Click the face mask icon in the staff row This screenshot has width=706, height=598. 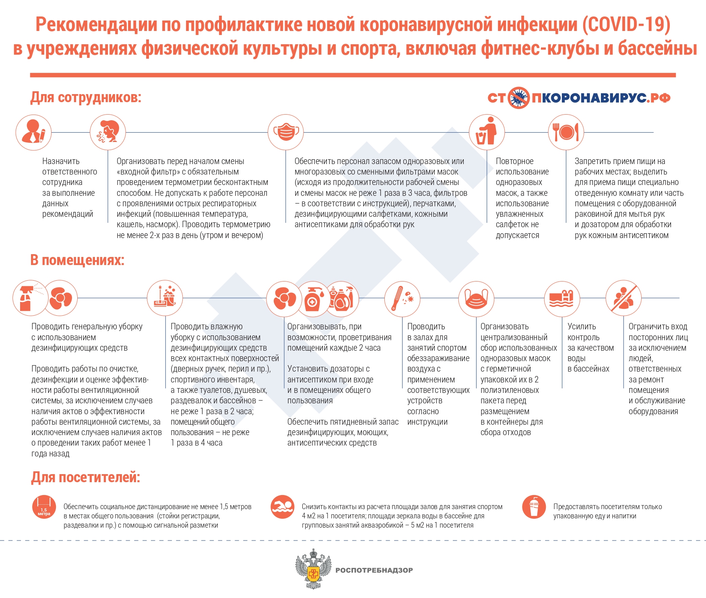click(x=286, y=132)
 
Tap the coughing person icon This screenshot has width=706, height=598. click(x=107, y=132)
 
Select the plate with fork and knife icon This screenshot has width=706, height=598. click(x=566, y=132)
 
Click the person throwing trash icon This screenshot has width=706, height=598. click(x=487, y=132)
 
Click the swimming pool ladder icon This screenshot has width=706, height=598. click(x=562, y=298)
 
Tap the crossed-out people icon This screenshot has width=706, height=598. click(x=623, y=298)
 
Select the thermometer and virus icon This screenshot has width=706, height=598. click(x=402, y=298)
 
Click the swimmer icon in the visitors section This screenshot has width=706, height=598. click(x=283, y=507)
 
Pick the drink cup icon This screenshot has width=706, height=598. click(x=534, y=507)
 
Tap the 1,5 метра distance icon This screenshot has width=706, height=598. click(x=44, y=507)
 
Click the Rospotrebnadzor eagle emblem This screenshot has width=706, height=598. click(x=313, y=569)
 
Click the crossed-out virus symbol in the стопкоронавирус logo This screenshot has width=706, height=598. click(x=518, y=98)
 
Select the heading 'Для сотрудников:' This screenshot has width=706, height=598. click(x=86, y=98)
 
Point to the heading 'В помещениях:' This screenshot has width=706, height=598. click(x=77, y=260)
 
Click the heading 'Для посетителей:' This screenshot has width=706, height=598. click(x=86, y=477)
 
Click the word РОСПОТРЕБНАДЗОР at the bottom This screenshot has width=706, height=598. click(x=374, y=570)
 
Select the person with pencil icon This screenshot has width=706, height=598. click(x=33, y=132)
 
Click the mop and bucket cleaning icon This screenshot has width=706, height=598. click(x=165, y=298)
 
